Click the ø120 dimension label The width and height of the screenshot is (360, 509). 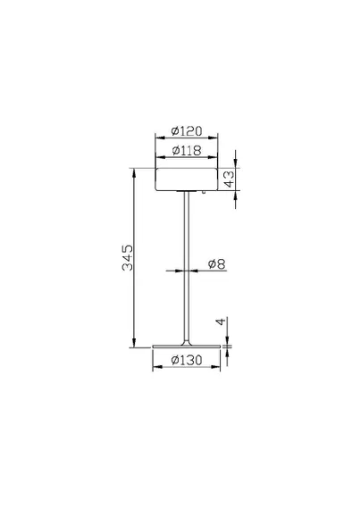[187, 131]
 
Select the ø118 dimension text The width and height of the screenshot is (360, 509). [187, 150]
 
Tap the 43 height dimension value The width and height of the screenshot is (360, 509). [229, 179]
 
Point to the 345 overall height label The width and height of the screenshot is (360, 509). [127, 258]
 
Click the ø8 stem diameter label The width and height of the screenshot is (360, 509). [217, 264]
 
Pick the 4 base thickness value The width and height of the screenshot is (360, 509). [221, 322]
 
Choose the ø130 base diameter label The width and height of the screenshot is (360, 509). [187, 360]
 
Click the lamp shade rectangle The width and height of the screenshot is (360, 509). [187, 179]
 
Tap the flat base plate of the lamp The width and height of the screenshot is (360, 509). [187, 346]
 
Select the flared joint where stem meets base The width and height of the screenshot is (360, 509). [187, 342]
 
